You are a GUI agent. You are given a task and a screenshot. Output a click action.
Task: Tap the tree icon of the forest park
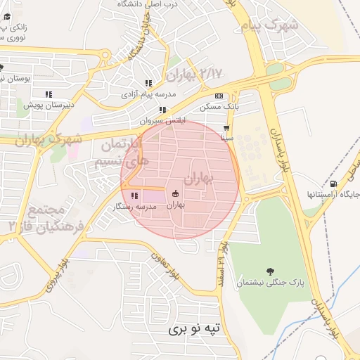(270, 271)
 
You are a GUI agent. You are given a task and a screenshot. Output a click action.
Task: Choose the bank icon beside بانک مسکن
(219, 96)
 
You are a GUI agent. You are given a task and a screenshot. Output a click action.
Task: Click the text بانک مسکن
(219, 106)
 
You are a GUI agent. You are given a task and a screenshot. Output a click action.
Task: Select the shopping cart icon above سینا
(226, 128)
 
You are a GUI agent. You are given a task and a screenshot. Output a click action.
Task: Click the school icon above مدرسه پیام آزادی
(148, 83)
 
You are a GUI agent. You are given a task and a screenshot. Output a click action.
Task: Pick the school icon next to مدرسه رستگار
(134, 195)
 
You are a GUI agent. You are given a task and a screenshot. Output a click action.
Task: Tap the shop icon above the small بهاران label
(175, 194)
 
